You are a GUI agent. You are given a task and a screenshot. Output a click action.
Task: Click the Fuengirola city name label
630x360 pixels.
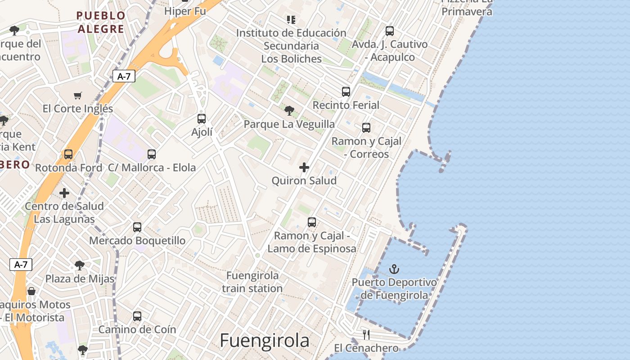tap(265, 341)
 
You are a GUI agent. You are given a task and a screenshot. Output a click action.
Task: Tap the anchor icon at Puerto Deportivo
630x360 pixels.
tap(394, 269)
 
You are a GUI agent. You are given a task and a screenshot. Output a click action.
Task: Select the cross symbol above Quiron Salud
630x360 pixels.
tap(304, 167)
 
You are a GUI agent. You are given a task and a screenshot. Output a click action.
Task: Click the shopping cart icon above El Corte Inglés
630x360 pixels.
tap(78, 95)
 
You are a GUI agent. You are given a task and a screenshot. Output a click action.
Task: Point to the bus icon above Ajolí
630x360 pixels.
tap(202, 119)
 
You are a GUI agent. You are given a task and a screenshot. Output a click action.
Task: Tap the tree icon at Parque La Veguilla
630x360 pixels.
tap(289, 110)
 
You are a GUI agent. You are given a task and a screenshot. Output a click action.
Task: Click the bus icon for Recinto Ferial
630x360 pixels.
tap(346, 92)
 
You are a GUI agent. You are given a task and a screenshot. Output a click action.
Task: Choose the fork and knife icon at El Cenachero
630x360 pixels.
tap(366, 334)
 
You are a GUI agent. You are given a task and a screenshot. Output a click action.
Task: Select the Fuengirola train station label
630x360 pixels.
tap(252, 282)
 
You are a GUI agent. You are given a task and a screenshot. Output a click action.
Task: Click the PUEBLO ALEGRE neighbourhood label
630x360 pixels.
tap(100, 22)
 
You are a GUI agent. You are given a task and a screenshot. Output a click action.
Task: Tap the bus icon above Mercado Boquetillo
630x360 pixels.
tap(137, 227)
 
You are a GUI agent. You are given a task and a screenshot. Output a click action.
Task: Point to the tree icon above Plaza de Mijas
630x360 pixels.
tap(80, 265)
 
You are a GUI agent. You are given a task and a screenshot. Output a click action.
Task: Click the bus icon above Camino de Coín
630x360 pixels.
tap(137, 316)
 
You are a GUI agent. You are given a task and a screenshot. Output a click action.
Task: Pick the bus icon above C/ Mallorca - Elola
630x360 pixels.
tap(152, 154)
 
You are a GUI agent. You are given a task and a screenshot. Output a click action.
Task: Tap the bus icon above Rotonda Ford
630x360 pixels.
tap(68, 154)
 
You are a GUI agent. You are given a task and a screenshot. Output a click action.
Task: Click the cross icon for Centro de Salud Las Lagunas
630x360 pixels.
tap(64, 193)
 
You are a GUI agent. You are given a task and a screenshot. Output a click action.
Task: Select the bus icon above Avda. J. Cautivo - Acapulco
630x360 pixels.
tap(390, 31)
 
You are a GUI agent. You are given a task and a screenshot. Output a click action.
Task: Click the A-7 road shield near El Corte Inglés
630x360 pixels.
tap(124, 76)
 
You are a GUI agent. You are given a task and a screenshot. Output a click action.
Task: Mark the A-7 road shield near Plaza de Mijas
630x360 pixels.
tap(21, 264)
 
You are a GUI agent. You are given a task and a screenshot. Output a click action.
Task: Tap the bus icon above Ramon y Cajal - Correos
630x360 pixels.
tap(366, 128)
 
